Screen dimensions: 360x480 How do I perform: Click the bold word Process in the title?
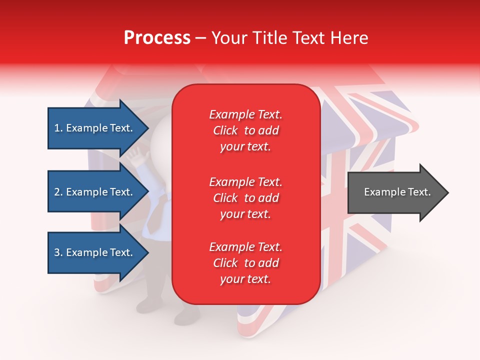pyautogui.click(x=157, y=38)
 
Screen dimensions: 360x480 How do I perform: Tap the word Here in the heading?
pyautogui.click(x=349, y=38)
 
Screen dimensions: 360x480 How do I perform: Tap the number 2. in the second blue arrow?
pyautogui.click(x=58, y=192)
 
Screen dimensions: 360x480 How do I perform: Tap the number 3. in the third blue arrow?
pyautogui.click(x=58, y=252)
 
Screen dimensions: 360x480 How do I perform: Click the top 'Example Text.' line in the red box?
pyautogui.click(x=245, y=114)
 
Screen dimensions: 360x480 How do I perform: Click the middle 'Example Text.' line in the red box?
pyautogui.click(x=245, y=181)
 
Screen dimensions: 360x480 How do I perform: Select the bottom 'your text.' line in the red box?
pyautogui.click(x=245, y=279)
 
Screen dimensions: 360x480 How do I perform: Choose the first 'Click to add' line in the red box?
pyautogui.click(x=245, y=130)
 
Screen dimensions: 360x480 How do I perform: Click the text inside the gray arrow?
pyautogui.click(x=397, y=192)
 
